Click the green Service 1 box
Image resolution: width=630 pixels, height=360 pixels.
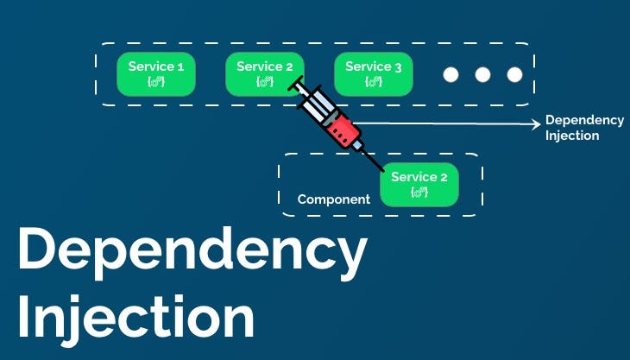point(156,73)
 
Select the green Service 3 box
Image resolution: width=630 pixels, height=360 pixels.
point(373,73)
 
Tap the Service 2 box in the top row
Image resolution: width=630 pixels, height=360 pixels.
point(264,73)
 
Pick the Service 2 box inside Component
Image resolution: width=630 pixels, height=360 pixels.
point(419,184)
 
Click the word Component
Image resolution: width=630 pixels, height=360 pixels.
point(333,199)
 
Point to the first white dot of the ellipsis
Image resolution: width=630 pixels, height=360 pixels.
point(450,74)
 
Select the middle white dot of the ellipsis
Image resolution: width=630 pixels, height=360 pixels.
point(482,74)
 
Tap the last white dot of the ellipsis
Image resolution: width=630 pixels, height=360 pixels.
point(514,74)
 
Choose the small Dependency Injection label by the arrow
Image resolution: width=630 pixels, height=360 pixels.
point(571,129)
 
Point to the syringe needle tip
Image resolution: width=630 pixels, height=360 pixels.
point(381,169)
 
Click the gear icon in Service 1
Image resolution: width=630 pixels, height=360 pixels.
point(156,82)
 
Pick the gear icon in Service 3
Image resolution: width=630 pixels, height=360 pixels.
point(373,82)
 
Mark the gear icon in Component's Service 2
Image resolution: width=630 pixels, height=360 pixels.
point(419,192)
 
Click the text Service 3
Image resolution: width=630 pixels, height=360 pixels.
point(373,66)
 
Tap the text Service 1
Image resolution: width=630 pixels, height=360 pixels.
point(156,66)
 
